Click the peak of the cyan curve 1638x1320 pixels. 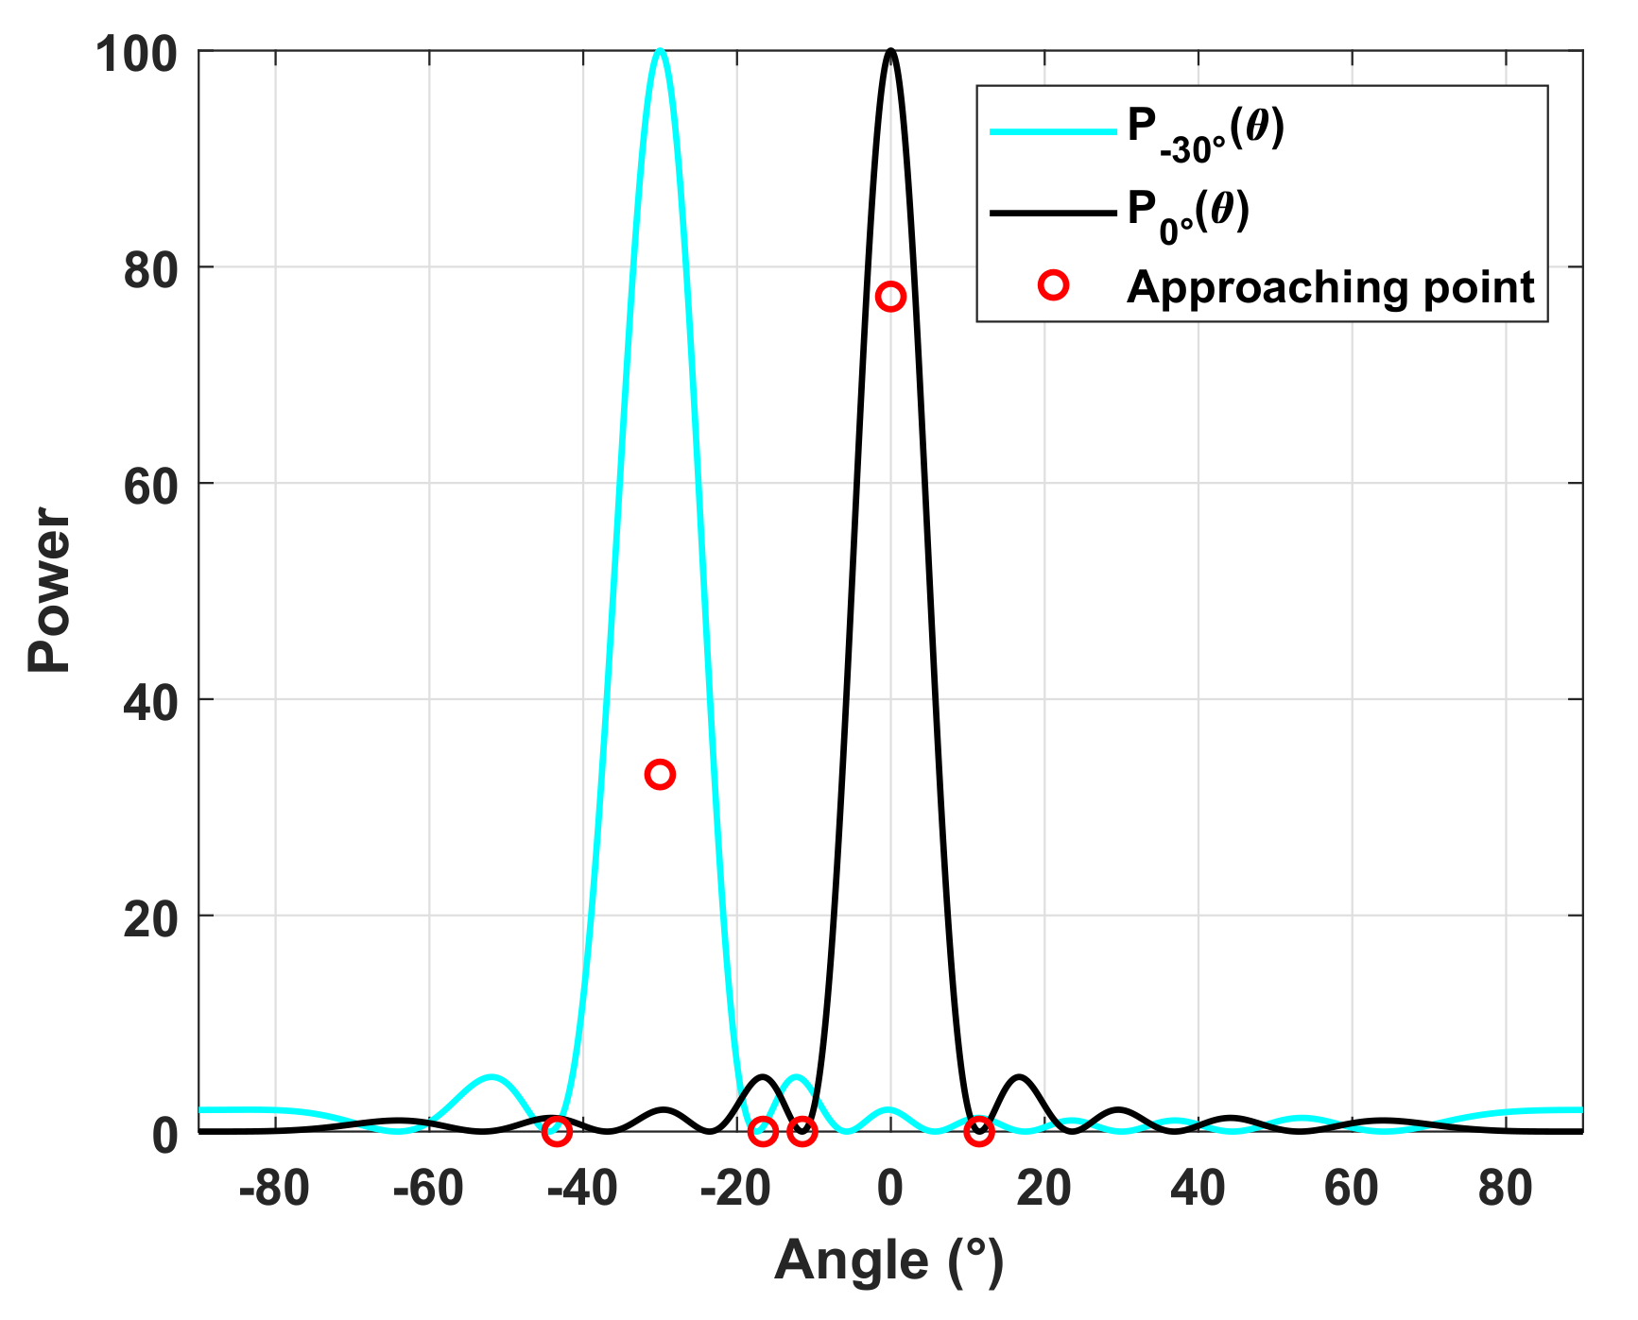pos(660,51)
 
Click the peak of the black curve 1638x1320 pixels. pos(890,51)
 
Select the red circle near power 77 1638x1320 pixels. pos(890,297)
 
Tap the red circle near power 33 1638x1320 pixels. pos(660,775)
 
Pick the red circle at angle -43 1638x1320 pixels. pos(558,1131)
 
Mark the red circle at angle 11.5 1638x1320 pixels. pos(979,1131)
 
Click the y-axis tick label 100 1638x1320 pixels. pos(137,54)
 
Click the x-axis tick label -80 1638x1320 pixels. pos(274,1188)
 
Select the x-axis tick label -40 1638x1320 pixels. pos(582,1188)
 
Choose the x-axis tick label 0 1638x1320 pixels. pos(890,1188)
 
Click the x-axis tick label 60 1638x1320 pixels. pos(1352,1188)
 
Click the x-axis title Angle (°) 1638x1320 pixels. pos(888,1261)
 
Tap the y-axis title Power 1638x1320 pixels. pos(49,591)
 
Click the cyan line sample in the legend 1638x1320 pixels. pos(1052,131)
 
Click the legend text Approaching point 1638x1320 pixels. pos(1330,287)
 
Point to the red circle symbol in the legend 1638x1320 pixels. pos(1053,285)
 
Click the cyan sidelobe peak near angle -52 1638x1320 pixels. pos(490,1077)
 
